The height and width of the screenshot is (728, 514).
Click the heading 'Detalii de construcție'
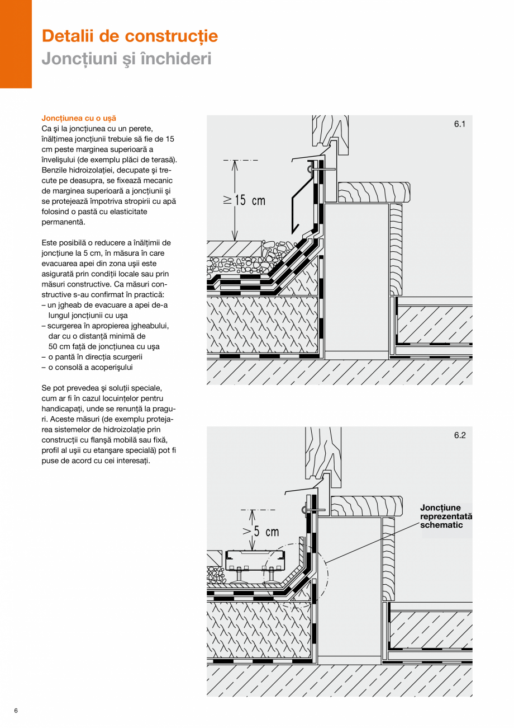pos(130,36)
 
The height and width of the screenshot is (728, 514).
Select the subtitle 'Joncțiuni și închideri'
pos(127,58)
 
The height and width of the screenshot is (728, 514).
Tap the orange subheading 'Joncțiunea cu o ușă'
pos(79,119)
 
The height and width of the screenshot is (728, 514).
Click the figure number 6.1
pos(459,125)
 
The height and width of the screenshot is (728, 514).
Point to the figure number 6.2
pos(459,436)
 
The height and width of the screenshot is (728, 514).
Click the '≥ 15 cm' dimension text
pos(245,200)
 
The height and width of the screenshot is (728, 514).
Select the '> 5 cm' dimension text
pos(260,531)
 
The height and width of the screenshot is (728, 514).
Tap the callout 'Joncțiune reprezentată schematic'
pos(446,516)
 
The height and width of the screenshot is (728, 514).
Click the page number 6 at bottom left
pos(16,711)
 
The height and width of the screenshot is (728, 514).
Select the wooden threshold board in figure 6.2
pos(367,506)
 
